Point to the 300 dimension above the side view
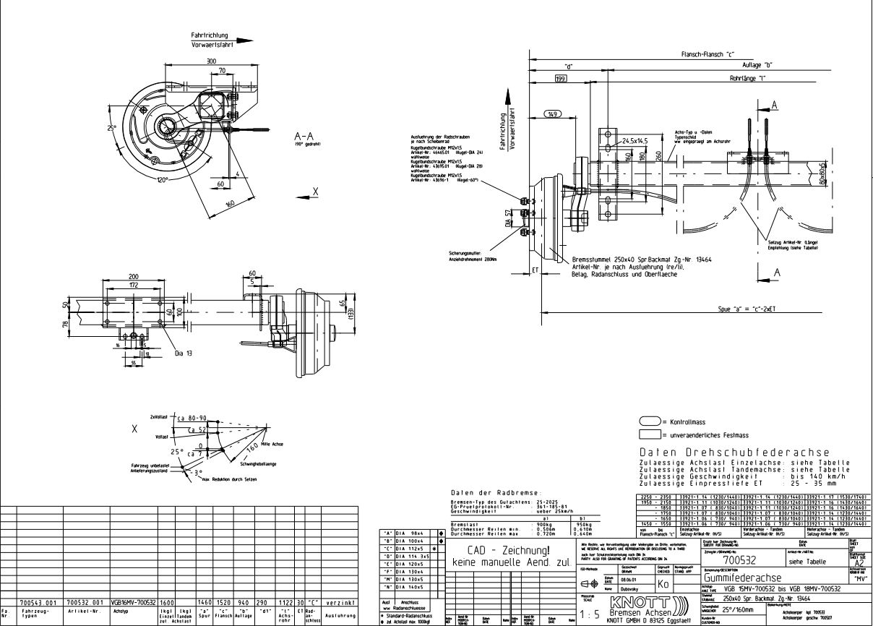[x=211, y=61]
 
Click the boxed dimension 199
[x=561, y=78]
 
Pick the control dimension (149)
[x=553, y=114]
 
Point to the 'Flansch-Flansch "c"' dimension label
[x=708, y=54]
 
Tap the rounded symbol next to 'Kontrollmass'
[x=650, y=421]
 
